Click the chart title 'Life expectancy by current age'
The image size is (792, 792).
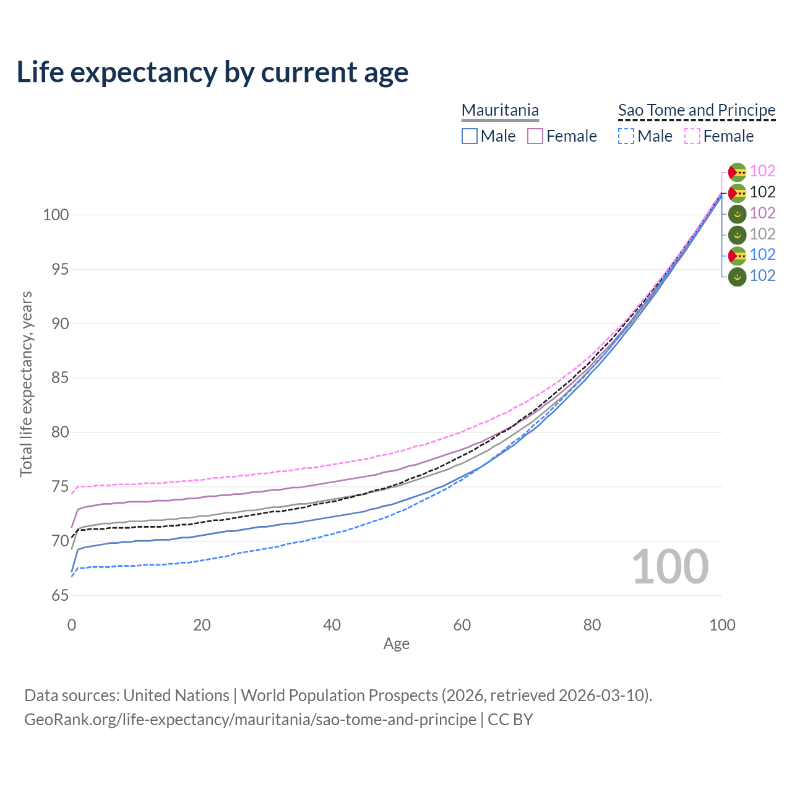(212, 72)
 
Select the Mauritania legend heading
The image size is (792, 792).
(500, 110)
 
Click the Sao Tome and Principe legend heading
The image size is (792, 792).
(697, 110)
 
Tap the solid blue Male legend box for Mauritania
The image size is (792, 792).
(470, 136)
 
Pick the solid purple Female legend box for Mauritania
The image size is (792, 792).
(535, 136)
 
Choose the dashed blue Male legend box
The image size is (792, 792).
(626, 136)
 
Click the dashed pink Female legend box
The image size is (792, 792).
(692, 136)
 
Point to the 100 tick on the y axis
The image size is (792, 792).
(56, 215)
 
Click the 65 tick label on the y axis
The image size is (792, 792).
(59, 596)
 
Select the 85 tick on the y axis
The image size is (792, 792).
(59, 378)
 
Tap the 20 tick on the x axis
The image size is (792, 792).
(202, 625)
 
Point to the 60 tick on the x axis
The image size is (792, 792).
(462, 625)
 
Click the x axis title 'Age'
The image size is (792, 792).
(396, 644)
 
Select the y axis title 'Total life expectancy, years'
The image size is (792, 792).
(26, 384)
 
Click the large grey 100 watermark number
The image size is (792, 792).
(670, 567)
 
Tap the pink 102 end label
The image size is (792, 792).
(762, 171)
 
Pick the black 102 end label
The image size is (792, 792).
(762, 192)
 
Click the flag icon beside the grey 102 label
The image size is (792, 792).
(737, 235)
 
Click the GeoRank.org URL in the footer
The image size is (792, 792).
(250, 720)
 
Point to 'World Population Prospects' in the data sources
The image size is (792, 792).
(339, 695)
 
